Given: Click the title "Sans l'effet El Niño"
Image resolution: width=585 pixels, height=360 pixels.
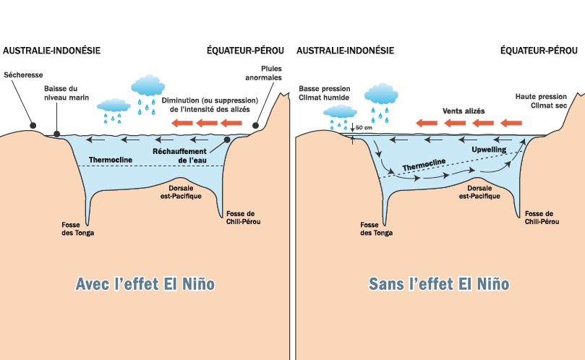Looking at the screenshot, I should [439, 284].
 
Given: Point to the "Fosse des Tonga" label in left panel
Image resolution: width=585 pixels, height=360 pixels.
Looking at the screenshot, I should [78, 228].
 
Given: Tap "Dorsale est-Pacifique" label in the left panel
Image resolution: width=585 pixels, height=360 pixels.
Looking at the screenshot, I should [179, 192].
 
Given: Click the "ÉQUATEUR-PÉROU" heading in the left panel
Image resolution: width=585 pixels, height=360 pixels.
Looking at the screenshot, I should [244, 51].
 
